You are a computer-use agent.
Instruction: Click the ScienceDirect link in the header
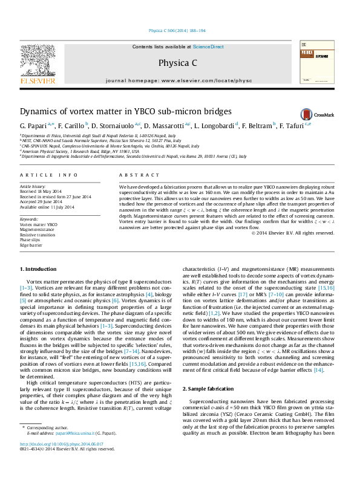208,47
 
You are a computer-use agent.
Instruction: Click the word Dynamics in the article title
38,112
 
